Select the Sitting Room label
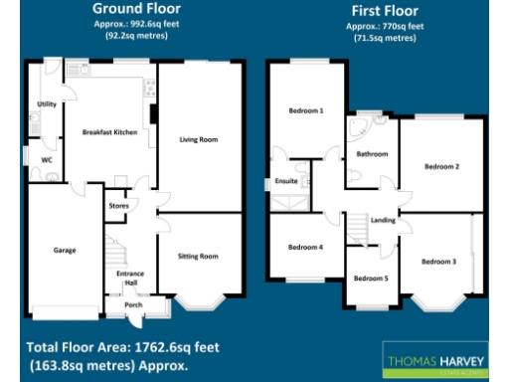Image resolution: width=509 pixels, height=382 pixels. pyautogui.click(x=198, y=256)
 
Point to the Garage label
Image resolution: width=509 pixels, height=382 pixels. pyautogui.click(x=65, y=250)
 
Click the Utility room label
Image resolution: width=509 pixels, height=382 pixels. pyautogui.click(x=46, y=103)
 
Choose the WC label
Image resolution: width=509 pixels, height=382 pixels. pyautogui.click(x=46, y=159)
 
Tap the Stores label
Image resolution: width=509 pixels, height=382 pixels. pyautogui.click(x=118, y=207)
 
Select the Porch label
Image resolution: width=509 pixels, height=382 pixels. pyautogui.click(x=132, y=305)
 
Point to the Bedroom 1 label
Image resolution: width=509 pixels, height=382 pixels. pyautogui.click(x=306, y=110)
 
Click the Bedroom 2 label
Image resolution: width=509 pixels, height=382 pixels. pyautogui.click(x=442, y=166)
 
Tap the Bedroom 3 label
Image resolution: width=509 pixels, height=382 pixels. pyautogui.click(x=438, y=261)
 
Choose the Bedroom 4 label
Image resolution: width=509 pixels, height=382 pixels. pyautogui.click(x=305, y=246)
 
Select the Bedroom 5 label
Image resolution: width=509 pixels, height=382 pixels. pyautogui.click(x=370, y=278)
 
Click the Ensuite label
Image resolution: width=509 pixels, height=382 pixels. pyautogui.click(x=286, y=182)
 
